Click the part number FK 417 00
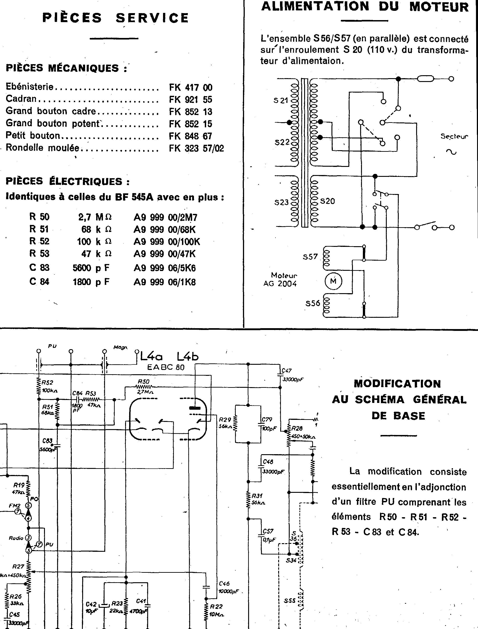(x=191, y=87)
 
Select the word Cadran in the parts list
(x=21, y=98)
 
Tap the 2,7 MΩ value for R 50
(x=95, y=217)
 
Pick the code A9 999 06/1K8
(x=165, y=282)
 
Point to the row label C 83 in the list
(x=39, y=268)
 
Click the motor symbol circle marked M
(x=333, y=281)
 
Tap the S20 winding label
(x=327, y=201)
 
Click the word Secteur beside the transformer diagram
(x=454, y=136)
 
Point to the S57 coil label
(x=310, y=257)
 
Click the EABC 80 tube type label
(x=166, y=367)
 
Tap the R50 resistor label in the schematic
(x=144, y=381)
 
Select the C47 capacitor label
(x=287, y=371)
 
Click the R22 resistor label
(x=216, y=606)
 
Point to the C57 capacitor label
(x=268, y=531)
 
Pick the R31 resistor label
(x=257, y=496)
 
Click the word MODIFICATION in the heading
(x=397, y=384)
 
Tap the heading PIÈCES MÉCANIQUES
(x=66, y=68)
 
